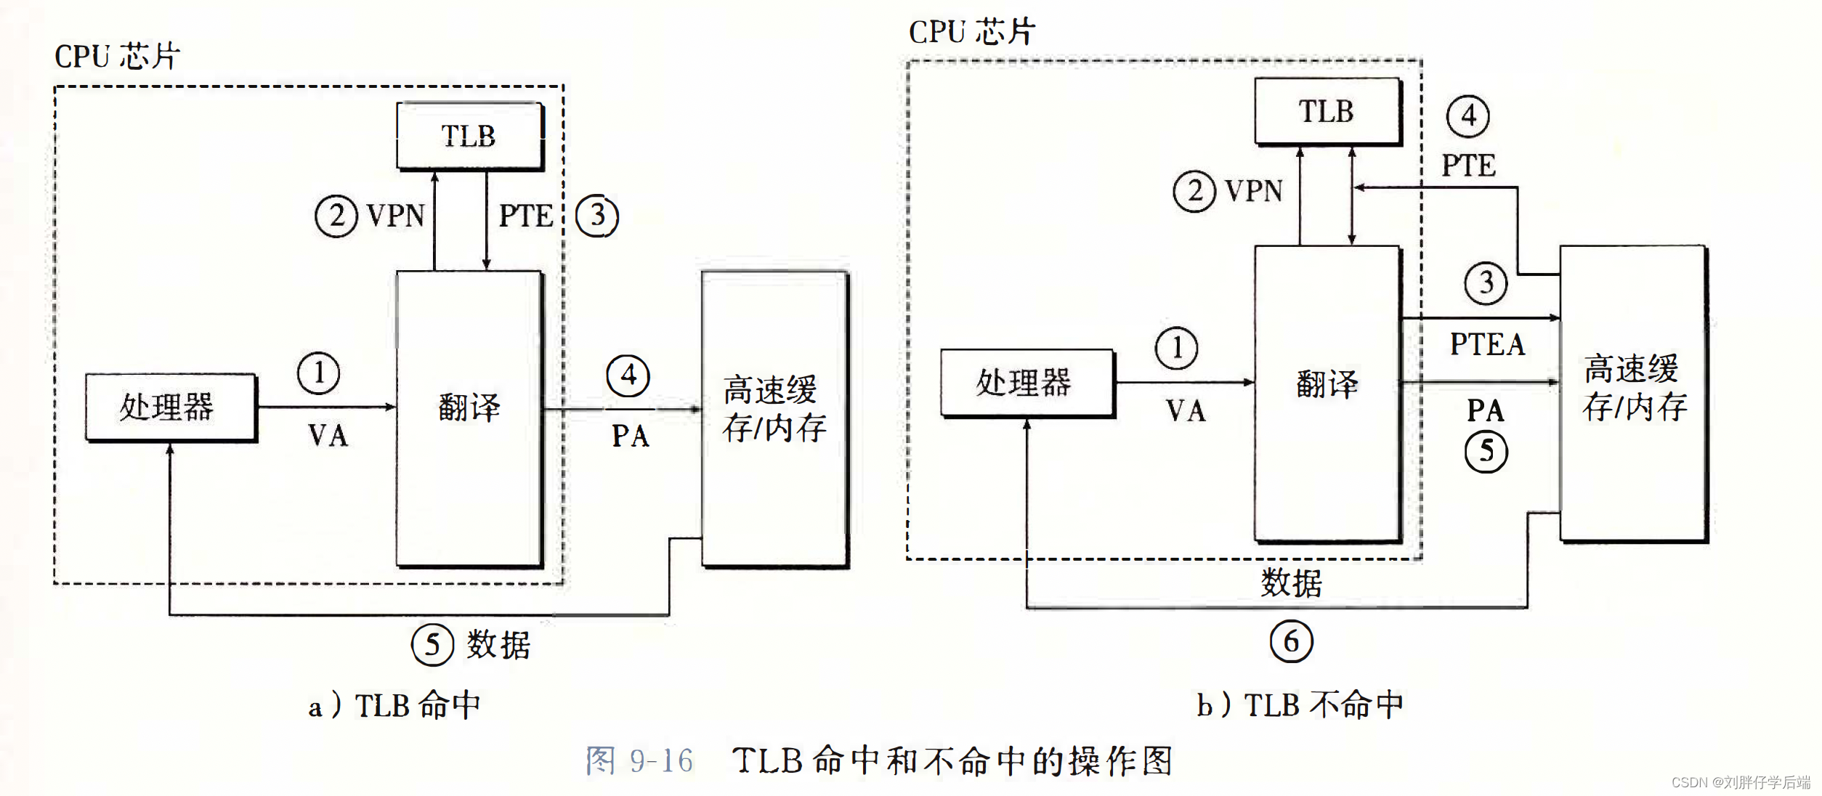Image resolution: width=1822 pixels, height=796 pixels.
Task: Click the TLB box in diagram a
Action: (x=469, y=136)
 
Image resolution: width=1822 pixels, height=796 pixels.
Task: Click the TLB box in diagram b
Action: (x=1327, y=111)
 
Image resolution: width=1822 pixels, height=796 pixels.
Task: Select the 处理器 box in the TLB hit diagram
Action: (x=170, y=407)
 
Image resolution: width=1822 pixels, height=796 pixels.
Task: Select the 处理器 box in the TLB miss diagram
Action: (x=1026, y=383)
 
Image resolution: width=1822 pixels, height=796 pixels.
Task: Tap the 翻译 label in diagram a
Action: (x=469, y=407)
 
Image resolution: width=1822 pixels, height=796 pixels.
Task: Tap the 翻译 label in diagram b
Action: (x=1327, y=383)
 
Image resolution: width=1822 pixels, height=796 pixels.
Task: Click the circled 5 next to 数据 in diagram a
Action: (x=432, y=644)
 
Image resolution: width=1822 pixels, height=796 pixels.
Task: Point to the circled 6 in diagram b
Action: (x=1291, y=641)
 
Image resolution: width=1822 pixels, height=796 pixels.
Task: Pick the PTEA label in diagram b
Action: (x=1487, y=344)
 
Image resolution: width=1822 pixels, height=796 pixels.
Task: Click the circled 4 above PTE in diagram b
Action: (x=1467, y=116)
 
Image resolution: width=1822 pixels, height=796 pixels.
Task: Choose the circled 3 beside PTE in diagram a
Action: (x=597, y=216)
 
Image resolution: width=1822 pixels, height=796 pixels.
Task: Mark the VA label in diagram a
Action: (x=328, y=436)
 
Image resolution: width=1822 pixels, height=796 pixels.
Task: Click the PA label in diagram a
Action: (x=630, y=436)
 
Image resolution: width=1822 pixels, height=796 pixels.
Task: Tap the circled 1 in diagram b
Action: (x=1176, y=348)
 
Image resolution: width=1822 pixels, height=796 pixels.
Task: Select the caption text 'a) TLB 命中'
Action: (x=394, y=705)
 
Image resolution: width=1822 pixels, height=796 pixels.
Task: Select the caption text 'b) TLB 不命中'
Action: (x=1300, y=704)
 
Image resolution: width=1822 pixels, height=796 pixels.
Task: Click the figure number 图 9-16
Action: (x=639, y=760)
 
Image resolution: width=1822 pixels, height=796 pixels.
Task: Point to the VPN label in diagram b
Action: (x=1253, y=191)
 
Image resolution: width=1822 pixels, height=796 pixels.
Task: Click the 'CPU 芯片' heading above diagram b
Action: (x=971, y=32)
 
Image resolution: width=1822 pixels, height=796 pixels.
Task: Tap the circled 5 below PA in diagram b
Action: (x=1486, y=452)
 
